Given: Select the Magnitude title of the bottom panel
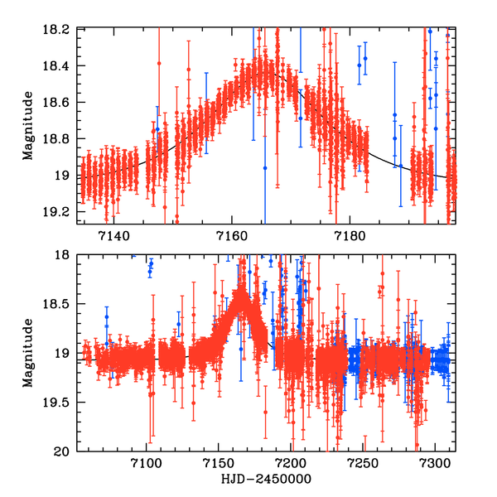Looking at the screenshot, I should (x=28, y=353).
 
